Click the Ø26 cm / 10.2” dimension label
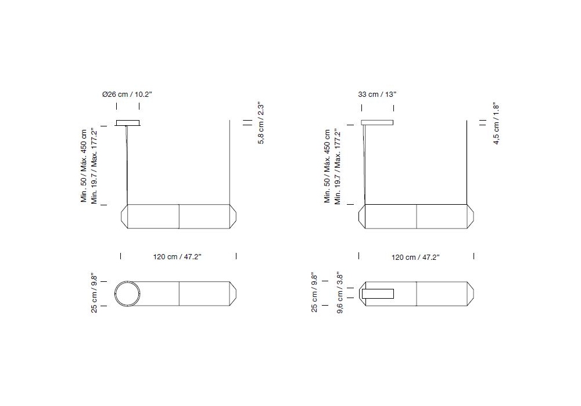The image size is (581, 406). coord(127,95)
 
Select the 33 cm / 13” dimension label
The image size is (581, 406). coord(377,95)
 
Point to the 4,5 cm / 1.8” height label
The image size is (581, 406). coord(496,124)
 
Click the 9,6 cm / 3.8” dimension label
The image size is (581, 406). coord(339,293)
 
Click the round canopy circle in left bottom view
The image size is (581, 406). coord(127,293)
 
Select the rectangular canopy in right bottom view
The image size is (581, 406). coord(378,293)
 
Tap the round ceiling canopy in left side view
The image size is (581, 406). coord(128,123)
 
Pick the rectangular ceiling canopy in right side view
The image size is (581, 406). coord(377,122)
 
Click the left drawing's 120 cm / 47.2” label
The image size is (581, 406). coord(177,256)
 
